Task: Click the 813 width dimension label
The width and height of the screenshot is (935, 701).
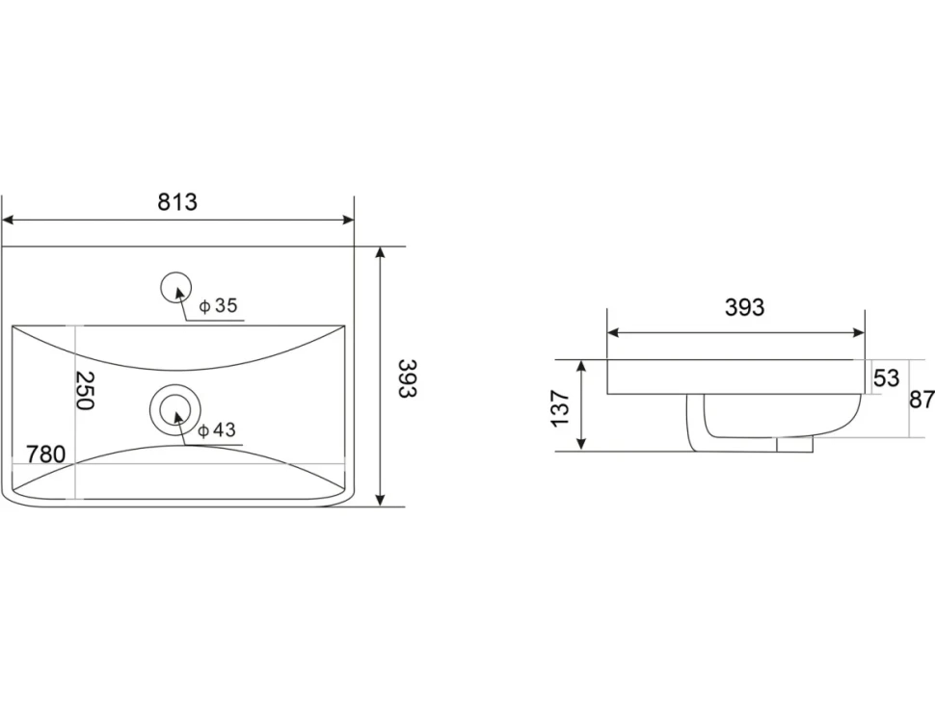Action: click(x=177, y=202)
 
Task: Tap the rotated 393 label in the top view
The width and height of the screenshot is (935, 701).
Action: click(x=408, y=378)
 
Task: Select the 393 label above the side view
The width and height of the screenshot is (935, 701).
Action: click(x=744, y=307)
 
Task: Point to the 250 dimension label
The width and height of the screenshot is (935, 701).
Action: click(x=85, y=390)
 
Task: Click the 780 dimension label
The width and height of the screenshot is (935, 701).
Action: click(x=46, y=454)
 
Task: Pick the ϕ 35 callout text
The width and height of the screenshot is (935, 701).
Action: click(x=218, y=305)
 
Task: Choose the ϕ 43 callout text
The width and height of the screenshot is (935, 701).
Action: click(x=217, y=429)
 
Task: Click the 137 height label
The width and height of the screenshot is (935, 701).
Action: click(x=561, y=408)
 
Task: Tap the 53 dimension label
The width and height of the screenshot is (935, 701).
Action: click(x=886, y=377)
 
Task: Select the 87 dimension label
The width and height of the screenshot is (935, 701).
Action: click(x=922, y=399)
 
